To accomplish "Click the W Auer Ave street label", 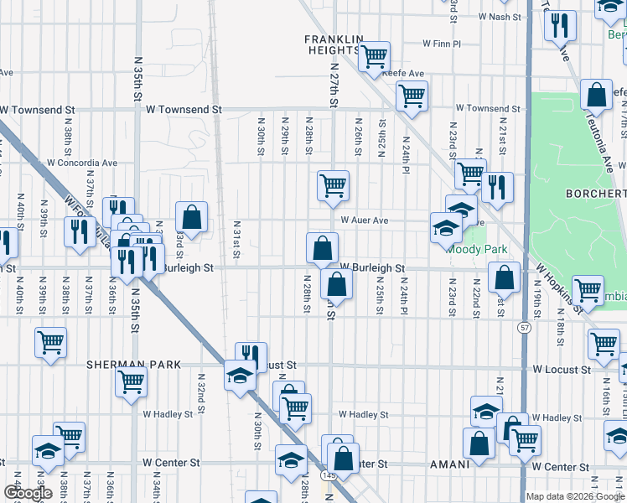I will pyautogui.click(x=365, y=220).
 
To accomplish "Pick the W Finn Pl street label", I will pyautogui.click(x=442, y=43).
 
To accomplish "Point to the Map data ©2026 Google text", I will pyautogui.click(x=575, y=496).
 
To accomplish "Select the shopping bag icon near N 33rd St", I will pyautogui.click(x=192, y=216).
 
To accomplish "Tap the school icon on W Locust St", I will pyautogui.click(x=239, y=374).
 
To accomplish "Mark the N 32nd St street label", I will pyautogui.click(x=201, y=392).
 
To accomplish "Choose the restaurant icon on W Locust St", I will pyautogui.click(x=251, y=356).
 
